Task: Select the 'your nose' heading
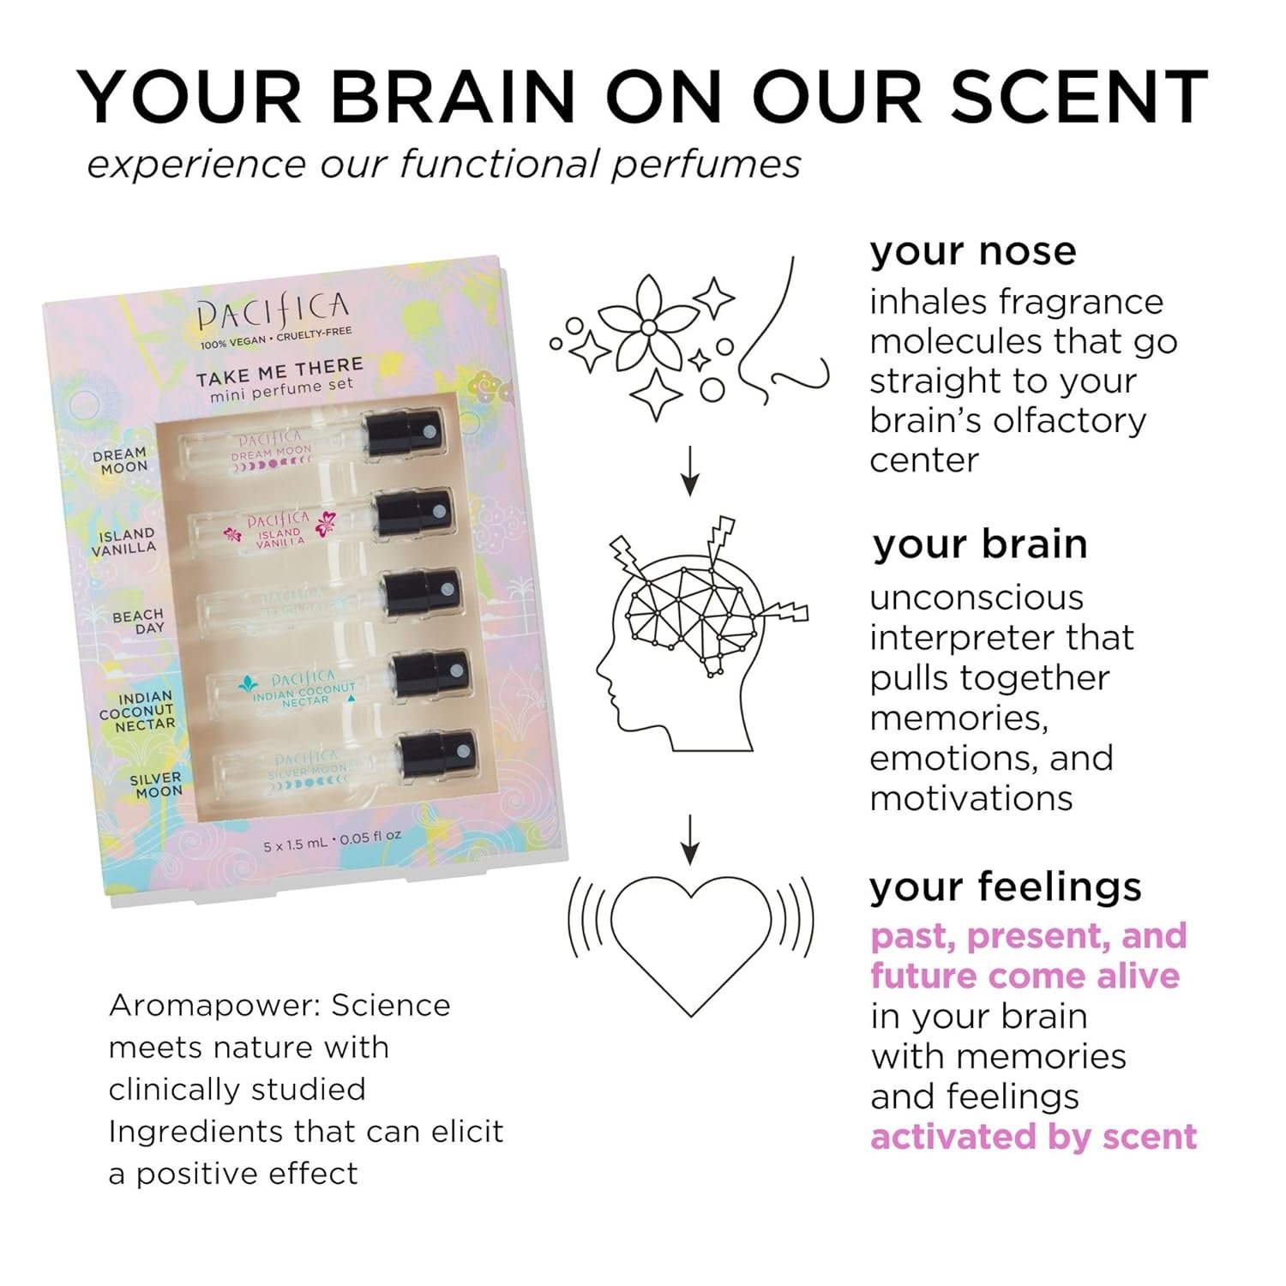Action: pyautogui.click(x=972, y=251)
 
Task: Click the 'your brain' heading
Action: pyautogui.click(x=980, y=544)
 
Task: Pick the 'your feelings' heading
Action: pyautogui.click(x=1005, y=886)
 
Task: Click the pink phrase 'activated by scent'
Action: pyautogui.click(x=1033, y=1137)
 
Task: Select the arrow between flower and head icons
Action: pyautogui.click(x=689, y=471)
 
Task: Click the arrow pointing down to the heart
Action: pyautogui.click(x=689, y=839)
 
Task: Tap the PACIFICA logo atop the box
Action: pyautogui.click(x=273, y=312)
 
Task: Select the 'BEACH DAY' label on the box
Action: pyautogui.click(x=138, y=622)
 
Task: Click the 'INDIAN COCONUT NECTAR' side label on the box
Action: pyautogui.click(x=137, y=712)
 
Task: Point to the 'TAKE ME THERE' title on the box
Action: pyautogui.click(x=279, y=371)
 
